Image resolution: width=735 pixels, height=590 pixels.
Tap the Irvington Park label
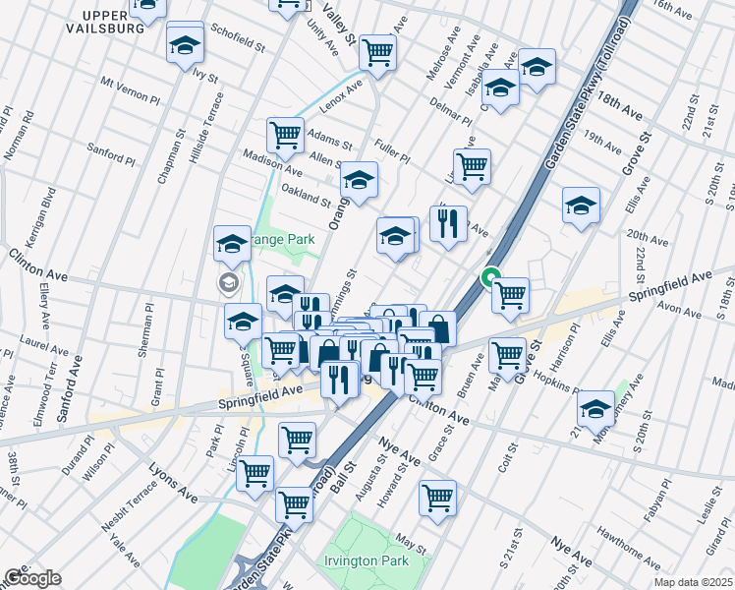(x=378, y=562)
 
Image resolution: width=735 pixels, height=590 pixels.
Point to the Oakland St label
(x=306, y=195)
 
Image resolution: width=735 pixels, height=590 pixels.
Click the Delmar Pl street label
(x=449, y=110)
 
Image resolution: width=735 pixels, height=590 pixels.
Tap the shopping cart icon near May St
(x=437, y=497)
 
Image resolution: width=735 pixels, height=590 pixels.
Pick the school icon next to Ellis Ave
(x=581, y=206)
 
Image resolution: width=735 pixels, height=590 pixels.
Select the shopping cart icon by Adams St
(x=285, y=136)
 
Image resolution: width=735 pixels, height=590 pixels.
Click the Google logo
(x=32, y=578)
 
